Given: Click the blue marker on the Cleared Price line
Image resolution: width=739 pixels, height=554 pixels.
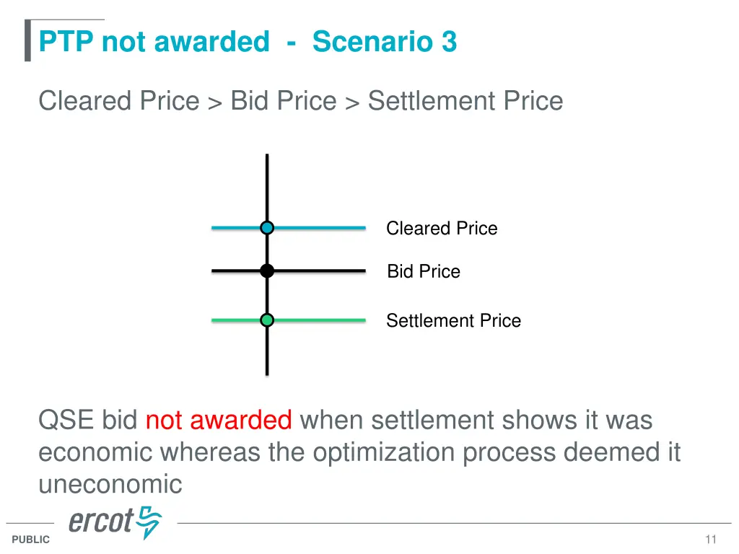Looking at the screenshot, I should point(267,228).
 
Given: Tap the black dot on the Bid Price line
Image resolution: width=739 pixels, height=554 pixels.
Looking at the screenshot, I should point(267,271).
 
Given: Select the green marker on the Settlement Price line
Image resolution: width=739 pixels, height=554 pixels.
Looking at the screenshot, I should point(267,320).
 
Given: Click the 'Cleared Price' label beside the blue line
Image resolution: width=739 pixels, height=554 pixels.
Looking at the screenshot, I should point(442,229).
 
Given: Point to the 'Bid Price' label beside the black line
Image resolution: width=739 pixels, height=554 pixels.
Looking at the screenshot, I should point(424,272).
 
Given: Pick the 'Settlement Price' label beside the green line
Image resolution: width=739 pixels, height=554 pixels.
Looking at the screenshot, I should point(453,321).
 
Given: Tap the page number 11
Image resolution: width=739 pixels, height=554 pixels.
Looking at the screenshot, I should point(711,540).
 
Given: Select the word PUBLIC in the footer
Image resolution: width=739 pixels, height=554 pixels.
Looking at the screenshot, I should point(31,540).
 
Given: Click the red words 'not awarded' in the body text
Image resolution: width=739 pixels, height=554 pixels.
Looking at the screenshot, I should point(219,420).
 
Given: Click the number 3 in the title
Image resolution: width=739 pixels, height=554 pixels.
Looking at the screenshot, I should point(449,42).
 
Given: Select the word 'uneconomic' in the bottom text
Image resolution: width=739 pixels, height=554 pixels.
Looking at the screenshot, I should point(110,484).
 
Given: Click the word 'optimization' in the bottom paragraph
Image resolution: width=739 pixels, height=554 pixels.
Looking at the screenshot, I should point(384,452).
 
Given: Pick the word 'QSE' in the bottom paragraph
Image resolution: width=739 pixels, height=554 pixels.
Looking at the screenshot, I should point(66,420).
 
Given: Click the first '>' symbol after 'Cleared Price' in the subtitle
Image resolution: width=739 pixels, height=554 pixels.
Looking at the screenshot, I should point(215,102).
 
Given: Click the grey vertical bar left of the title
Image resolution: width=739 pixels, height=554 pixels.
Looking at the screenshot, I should point(27,41).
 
